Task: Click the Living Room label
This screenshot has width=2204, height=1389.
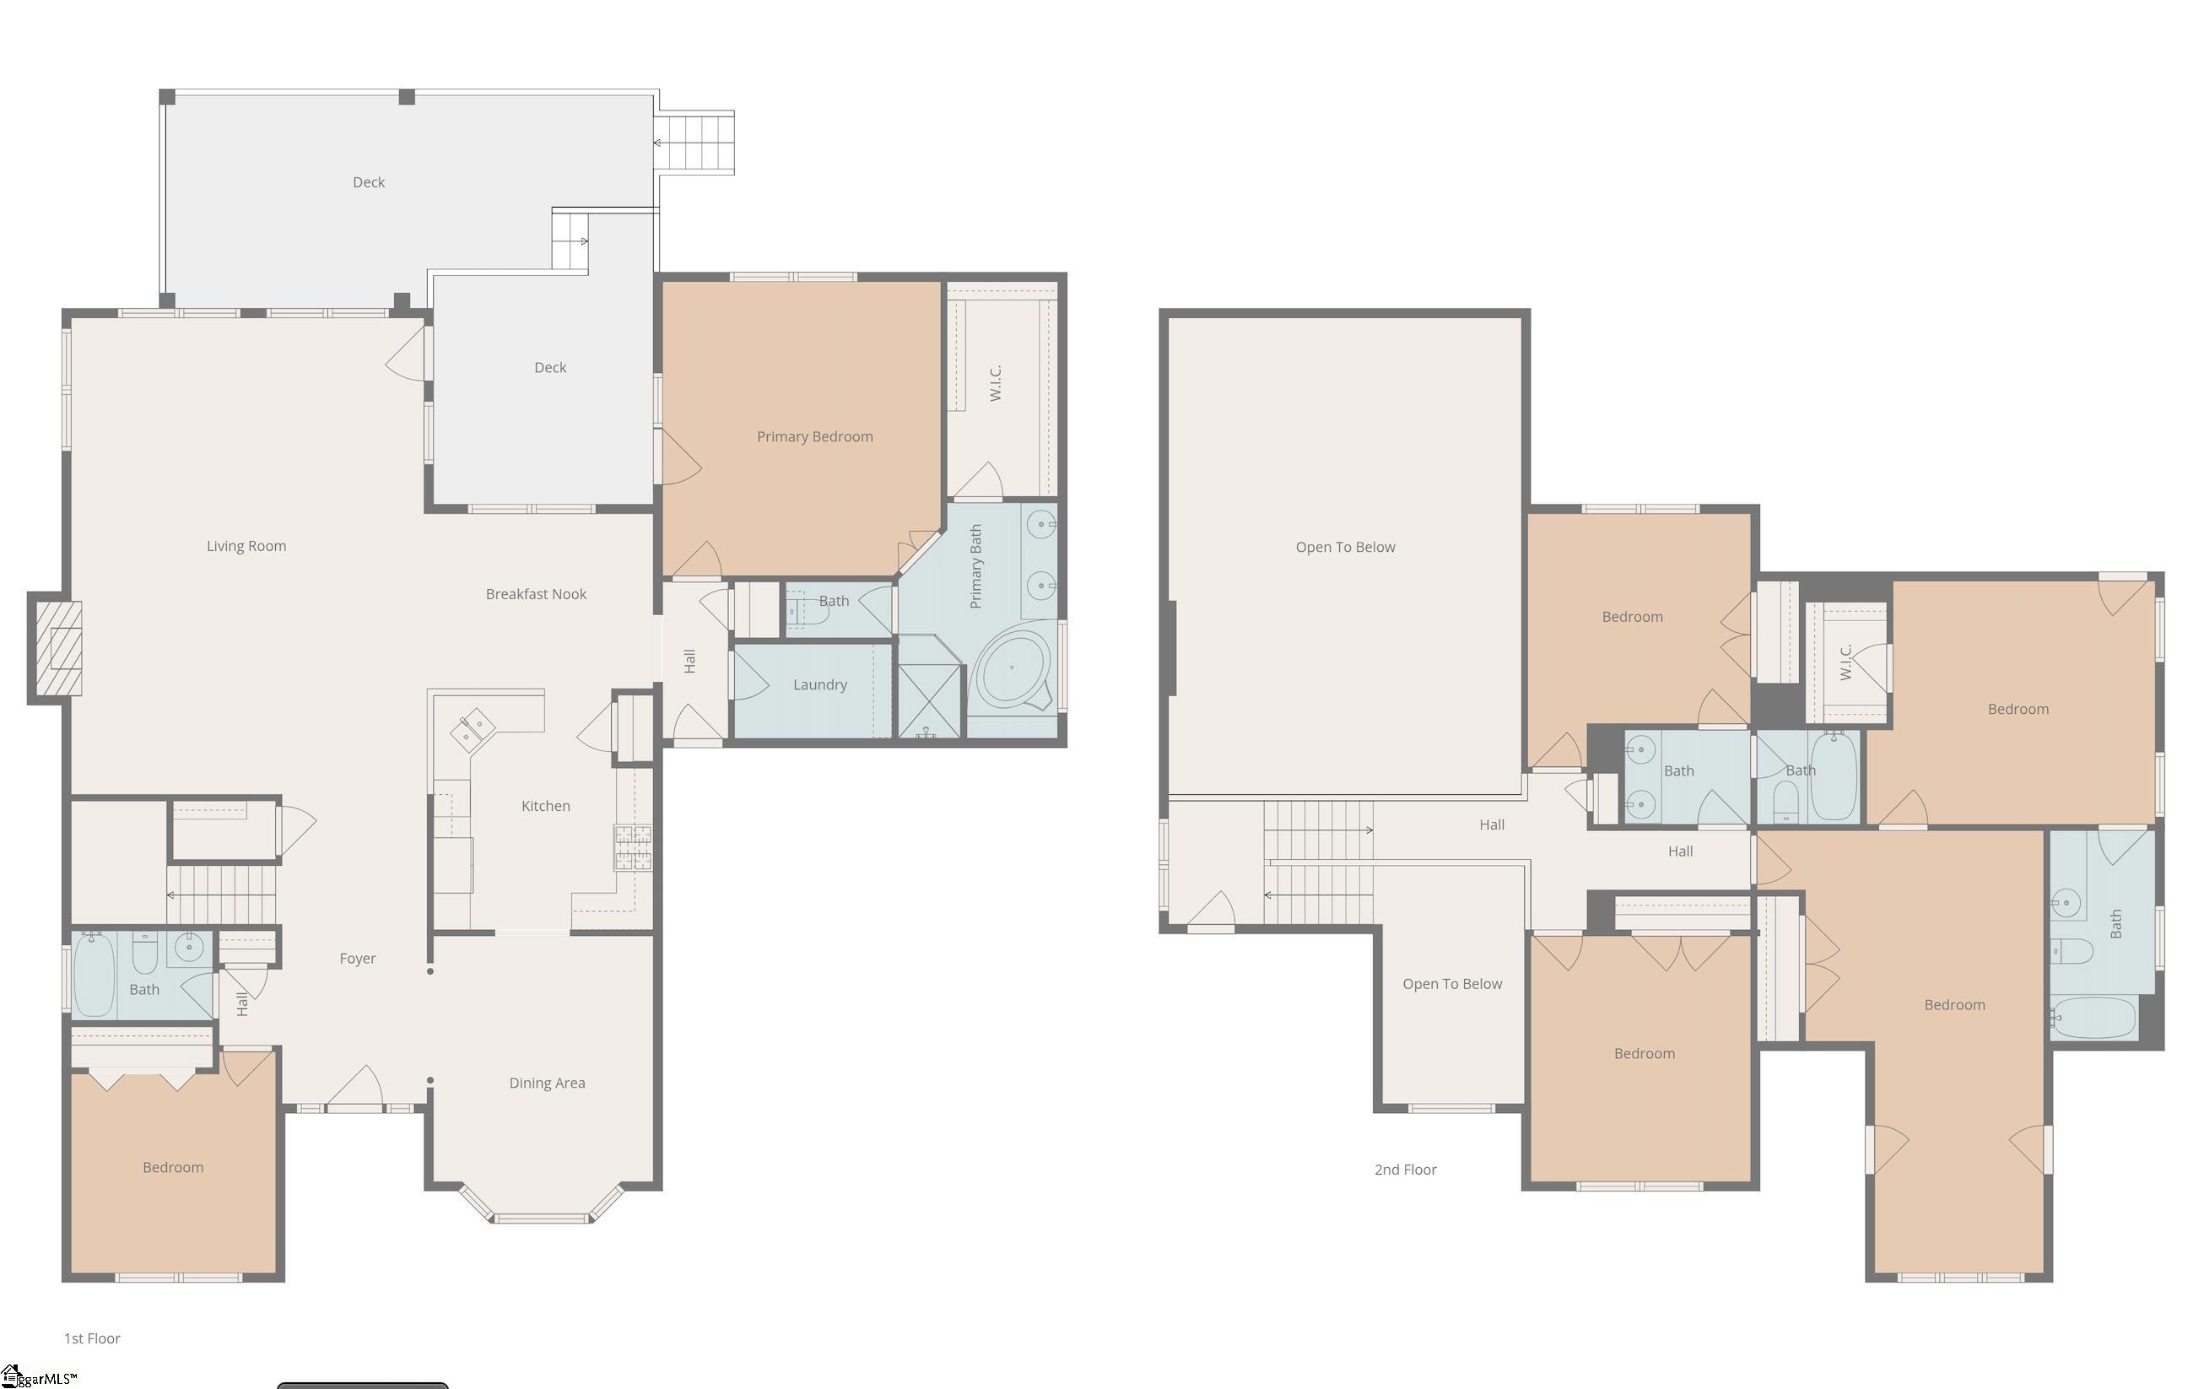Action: pos(246,546)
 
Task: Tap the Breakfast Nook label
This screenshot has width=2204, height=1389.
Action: pos(537,594)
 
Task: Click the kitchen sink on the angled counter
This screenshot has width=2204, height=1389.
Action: pos(473,730)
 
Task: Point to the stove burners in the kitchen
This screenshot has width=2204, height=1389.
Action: pos(633,847)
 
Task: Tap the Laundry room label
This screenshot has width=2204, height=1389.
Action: pos(820,685)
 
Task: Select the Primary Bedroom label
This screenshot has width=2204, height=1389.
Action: pos(814,437)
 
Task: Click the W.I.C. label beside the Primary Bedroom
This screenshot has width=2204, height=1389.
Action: pos(996,383)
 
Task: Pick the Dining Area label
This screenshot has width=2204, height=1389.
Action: pos(548,1084)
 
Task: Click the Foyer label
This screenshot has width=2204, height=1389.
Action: pos(358,959)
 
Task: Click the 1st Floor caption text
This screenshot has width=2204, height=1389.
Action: pos(93,1338)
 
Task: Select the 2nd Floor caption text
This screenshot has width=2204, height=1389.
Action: pos(1406,1170)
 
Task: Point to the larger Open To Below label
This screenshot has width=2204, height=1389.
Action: pos(1346,548)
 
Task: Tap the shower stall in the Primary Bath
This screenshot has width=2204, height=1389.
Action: pos(929,701)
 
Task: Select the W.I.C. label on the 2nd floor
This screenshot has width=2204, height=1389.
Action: pos(1845,662)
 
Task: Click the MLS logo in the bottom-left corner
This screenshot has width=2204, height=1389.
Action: pos(39,1377)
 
